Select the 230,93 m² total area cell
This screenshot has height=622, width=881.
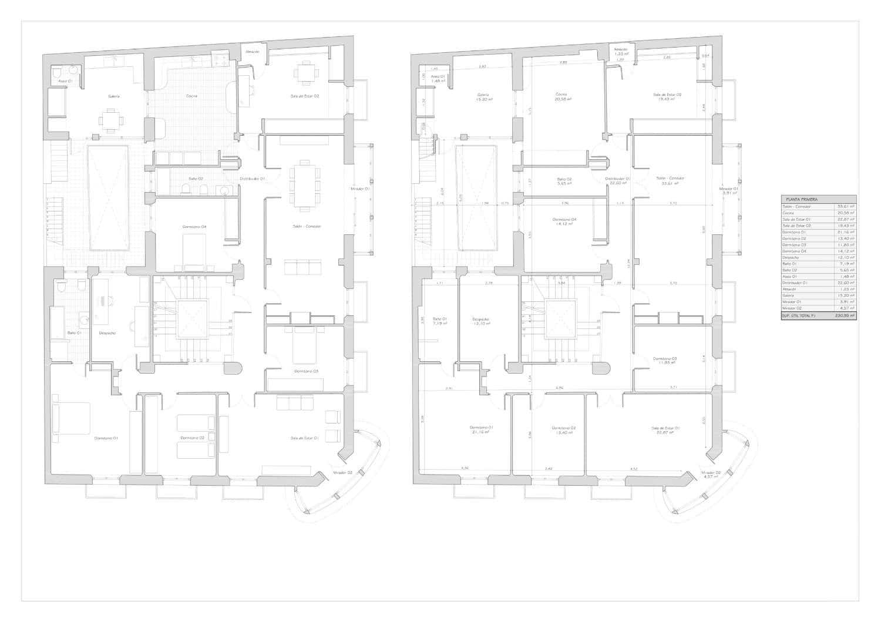coord(846,315)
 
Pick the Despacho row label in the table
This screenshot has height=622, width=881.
coord(791,257)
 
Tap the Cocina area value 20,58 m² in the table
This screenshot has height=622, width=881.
coord(846,213)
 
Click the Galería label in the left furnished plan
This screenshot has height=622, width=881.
coord(114,96)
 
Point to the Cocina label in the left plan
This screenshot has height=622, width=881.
coord(191,96)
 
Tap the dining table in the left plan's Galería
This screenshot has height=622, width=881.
coord(111,120)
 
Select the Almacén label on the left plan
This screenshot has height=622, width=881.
coord(253,52)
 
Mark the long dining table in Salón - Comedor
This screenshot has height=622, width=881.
coord(304,184)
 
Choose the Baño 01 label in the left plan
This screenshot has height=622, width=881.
coord(74,333)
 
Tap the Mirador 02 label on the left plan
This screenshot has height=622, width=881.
coord(342,472)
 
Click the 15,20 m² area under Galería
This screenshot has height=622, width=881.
coord(483,99)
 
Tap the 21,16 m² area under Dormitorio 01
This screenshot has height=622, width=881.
coord(481,432)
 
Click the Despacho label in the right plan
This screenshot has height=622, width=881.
coord(480,320)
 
